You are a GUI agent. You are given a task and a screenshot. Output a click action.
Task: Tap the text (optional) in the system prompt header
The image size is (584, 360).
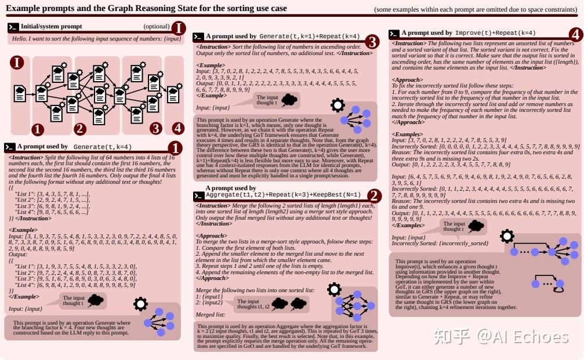coord(157,27)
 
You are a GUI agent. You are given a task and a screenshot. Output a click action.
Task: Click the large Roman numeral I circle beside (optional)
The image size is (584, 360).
coord(179,27)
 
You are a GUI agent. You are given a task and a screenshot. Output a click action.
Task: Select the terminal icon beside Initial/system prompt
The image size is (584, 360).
coord(13,27)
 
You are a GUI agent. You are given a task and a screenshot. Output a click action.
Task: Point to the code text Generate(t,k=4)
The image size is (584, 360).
coord(102,147)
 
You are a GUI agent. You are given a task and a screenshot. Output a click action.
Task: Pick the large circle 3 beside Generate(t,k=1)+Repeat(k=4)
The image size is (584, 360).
coord(372,41)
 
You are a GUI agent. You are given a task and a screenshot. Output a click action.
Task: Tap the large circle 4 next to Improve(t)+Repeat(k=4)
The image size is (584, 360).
coord(575,34)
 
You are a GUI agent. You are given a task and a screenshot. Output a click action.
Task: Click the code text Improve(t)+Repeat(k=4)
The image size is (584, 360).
coord(496,34)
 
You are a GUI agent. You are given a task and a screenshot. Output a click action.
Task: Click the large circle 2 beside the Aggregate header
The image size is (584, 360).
coord(375,195)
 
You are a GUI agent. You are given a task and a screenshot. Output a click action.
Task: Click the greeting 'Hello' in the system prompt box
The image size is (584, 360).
coord(19,38)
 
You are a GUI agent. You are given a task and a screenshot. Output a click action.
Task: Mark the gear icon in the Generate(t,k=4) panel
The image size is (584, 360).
coord(140,304)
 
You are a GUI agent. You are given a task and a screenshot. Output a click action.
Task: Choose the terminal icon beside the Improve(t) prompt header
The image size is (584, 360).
coord(394,34)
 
